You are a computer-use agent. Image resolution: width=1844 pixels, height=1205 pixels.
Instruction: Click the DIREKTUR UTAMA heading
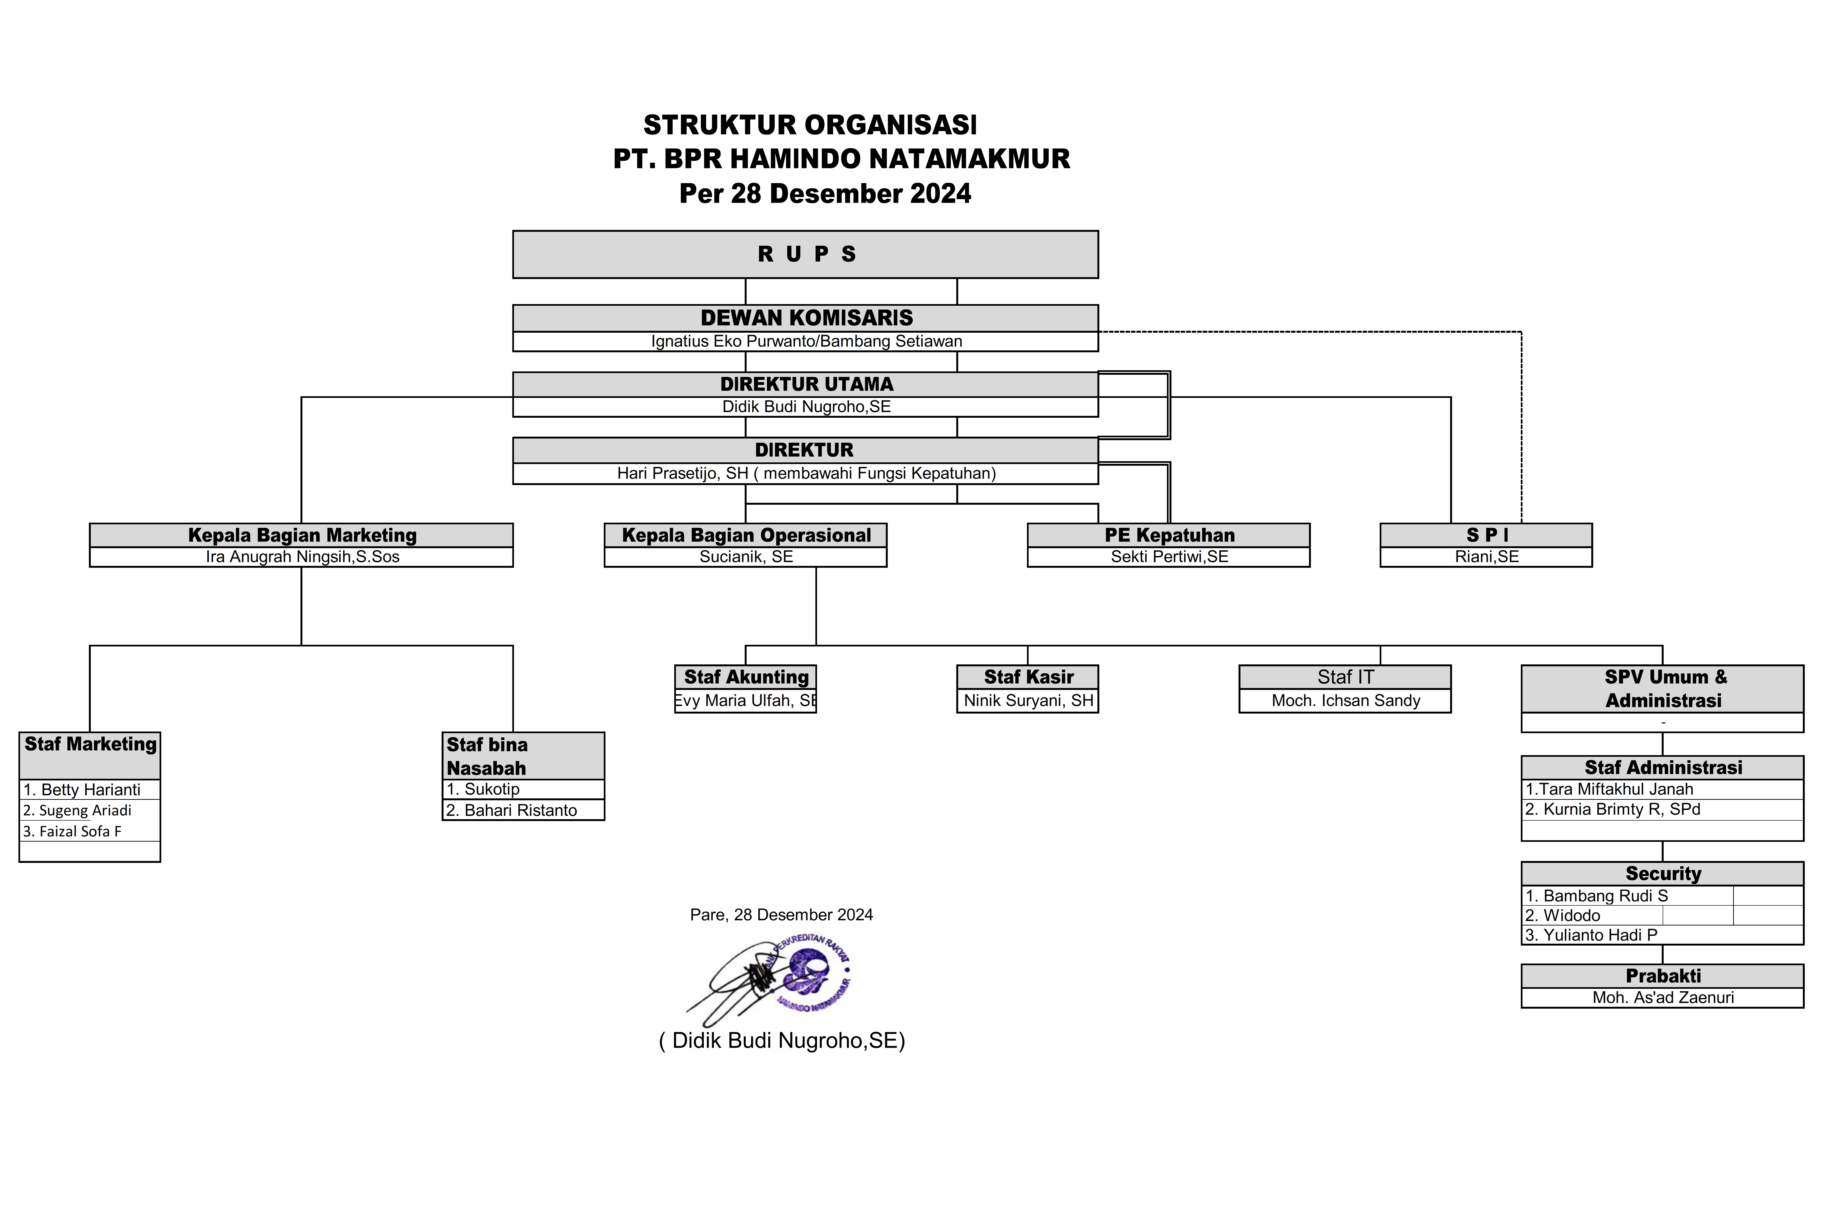(x=806, y=384)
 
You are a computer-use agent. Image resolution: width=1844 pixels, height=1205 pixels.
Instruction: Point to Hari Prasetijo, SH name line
(x=806, y=473)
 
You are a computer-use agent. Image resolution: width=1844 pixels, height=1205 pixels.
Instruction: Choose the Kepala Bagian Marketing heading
(x=301, y=535)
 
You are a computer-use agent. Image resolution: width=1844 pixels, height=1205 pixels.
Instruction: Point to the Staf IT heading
(x=1345, y=677)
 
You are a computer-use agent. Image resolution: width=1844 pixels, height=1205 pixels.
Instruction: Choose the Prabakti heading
(x=1663, y=976)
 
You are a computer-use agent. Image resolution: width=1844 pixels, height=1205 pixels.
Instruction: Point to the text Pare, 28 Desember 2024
(x=781, y=915)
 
